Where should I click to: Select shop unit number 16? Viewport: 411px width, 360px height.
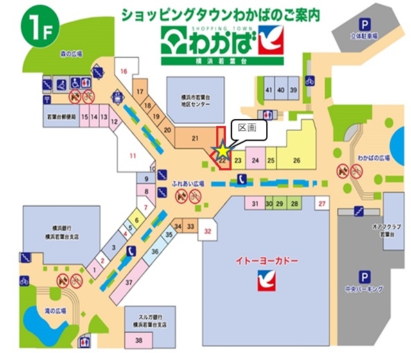(124, 71)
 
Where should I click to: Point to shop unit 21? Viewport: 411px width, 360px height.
(195, 137)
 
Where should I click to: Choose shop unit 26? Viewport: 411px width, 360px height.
(297, 161)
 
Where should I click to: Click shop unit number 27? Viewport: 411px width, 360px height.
(322, 204)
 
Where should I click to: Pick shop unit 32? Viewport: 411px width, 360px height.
(207, 231)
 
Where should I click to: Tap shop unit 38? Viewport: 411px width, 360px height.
(139, 340)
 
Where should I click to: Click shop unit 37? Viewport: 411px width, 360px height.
(128, 282)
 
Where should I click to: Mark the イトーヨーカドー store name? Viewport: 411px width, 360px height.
(262, 262)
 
